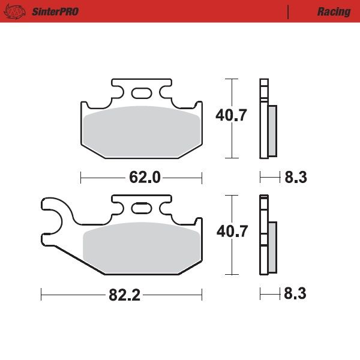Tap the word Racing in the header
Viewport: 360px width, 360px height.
[334, 11]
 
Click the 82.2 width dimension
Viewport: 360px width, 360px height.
[125, 295]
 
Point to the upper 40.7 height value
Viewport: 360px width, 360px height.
[232, 116]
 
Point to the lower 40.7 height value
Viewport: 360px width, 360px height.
[232, 232]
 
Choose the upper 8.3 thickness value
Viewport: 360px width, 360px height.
[296, 178]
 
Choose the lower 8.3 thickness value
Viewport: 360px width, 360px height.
[296, 295]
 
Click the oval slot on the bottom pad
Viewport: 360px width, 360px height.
[142, 208]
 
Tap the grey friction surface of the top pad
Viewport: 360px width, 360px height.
[142, 131]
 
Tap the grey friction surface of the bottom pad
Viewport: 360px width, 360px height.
[142, 247]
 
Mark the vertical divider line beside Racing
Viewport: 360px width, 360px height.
[288, 11]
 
